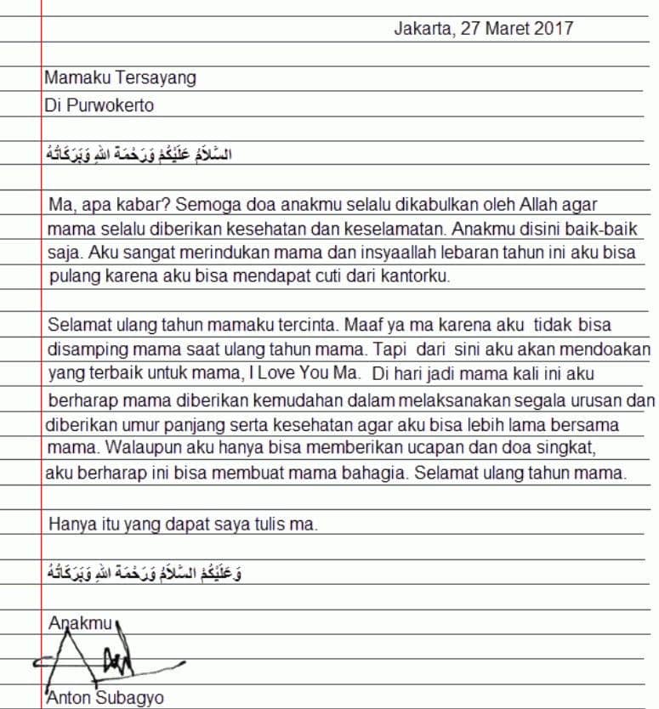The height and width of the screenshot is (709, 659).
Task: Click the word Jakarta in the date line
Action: (x=421, y=28)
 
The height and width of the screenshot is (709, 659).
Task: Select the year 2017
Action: (x=554, y=28)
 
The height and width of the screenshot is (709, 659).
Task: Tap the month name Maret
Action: (x=507, y=28)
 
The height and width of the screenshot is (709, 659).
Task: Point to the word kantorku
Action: (x=418, y=276)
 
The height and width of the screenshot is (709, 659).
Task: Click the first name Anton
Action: (x=69, y=699)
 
